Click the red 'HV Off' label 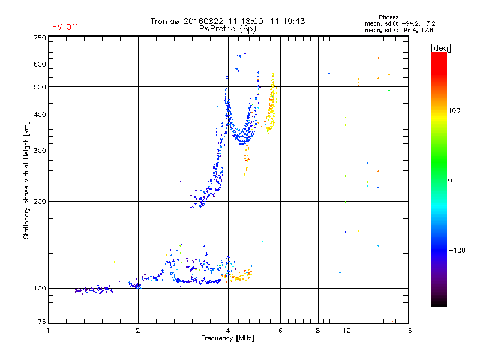point(64,27)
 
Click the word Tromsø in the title point(166,21)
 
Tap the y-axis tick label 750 point(40,38)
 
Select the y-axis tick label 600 point(40,64)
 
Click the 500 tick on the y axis point(40,87)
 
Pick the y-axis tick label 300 point(40,151)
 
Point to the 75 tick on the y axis point(41,323)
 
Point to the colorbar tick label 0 point(452,180)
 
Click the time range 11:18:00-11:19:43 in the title point(264,21)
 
